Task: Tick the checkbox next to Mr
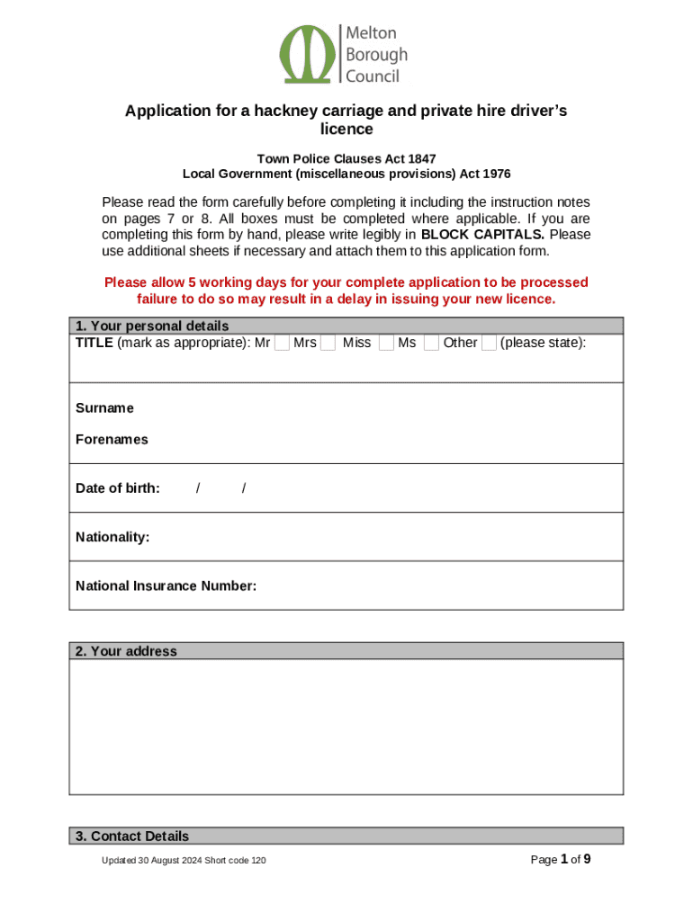click(282, 343)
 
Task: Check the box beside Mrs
click(328, 343)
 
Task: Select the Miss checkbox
click(386, 343)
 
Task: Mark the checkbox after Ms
click(431, 343)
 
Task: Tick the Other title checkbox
click(489, 343)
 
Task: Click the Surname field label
click(104, 408)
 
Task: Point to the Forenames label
click(112, 440)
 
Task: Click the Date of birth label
click(118, 488)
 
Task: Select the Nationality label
click(112, 537)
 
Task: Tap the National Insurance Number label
click(166, 586)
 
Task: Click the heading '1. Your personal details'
click(152, 326)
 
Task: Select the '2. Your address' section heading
click(126, 651)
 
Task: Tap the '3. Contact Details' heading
click(132, 836)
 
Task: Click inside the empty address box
click(346, 727)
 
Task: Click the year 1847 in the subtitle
click(420, 158)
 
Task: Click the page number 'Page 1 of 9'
click(561, 860)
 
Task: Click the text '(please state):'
click(543, 343)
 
